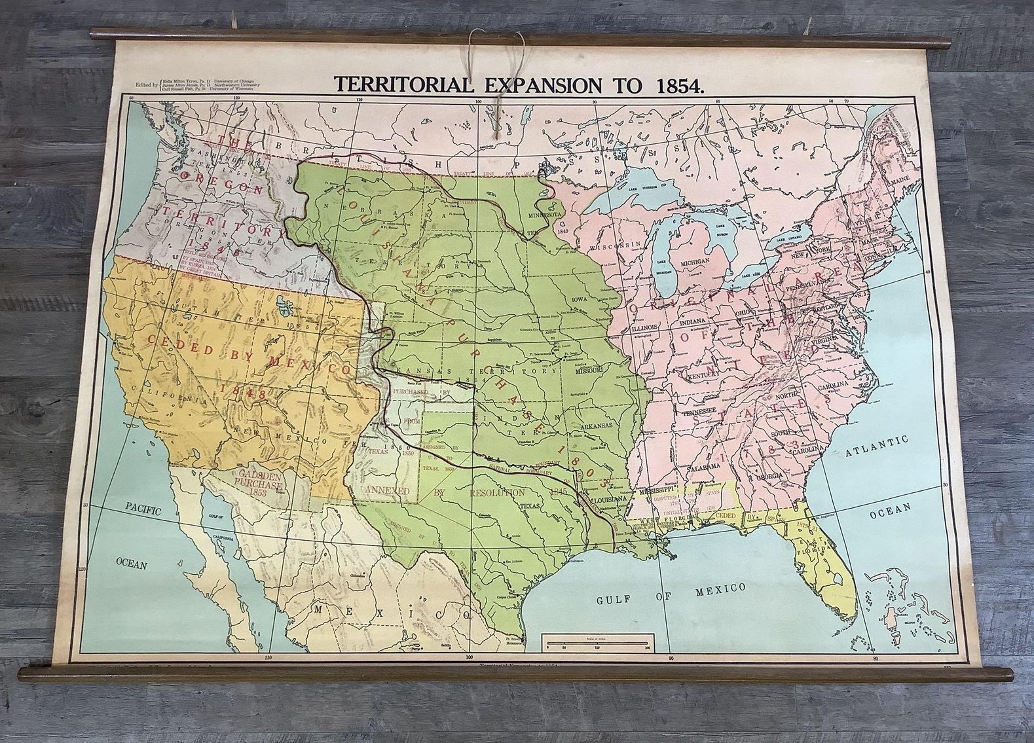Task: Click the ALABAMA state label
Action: pyautogui.click(x=703, y=465)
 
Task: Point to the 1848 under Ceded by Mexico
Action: pyautogui.click(x=243, y=393)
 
